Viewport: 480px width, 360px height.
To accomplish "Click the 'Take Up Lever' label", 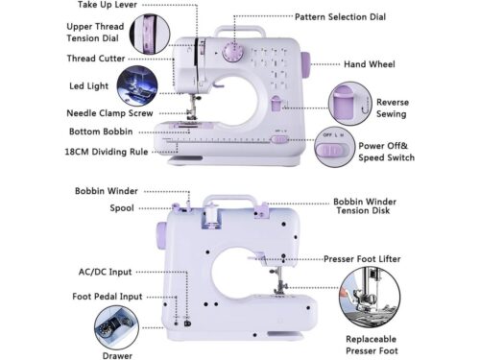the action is coord(108,5).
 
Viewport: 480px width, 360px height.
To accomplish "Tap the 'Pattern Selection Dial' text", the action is coord(340,17).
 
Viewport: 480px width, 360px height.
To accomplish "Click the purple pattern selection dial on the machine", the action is coord(233,52).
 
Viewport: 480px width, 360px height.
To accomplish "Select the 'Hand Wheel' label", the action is coord(370,64).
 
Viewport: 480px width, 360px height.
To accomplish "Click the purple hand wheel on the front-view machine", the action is coord(306,65).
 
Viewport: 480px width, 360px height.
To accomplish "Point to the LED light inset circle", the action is coord(137,85).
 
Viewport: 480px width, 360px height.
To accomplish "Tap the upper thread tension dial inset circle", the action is coord(150,34).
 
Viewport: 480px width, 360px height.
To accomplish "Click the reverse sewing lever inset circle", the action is coord(350,104).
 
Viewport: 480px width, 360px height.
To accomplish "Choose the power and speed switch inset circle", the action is coord(335,147).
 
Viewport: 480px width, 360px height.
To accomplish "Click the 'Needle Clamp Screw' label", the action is coord(109,113).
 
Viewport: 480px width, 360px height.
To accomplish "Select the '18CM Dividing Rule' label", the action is coord(107,152).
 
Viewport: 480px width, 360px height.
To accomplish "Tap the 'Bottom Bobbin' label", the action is coord(101,132).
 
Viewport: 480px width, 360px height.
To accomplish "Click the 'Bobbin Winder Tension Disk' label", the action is coord(365,206).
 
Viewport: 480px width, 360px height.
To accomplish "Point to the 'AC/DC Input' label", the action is coord(105,272).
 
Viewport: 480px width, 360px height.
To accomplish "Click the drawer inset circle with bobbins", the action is coord(116,327).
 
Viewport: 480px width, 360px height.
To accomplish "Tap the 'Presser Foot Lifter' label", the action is coord(362,259).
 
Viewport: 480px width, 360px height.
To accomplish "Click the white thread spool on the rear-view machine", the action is coord(211,214).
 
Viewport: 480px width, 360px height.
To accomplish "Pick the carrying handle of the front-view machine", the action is coord(240,32).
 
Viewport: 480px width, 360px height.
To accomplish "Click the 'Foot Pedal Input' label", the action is coord(108,297).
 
